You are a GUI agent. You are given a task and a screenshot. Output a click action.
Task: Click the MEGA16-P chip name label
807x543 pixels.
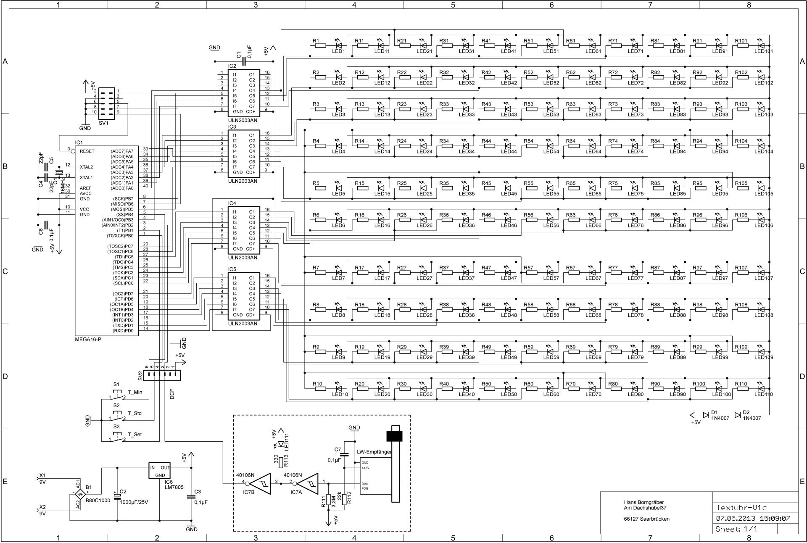[88, 339]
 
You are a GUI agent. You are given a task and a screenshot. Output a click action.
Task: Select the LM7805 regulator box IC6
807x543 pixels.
[160, 471]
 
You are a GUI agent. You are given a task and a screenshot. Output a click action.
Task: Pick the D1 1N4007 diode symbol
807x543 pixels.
[706, 415]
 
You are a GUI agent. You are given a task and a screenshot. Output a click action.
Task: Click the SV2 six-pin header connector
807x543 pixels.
[162, 375]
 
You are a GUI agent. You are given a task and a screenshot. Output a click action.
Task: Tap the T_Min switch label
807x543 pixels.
[135, 393]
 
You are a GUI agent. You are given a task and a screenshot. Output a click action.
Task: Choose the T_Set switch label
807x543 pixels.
[134, 435]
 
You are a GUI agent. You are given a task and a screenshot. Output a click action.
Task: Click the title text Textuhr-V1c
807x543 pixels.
[738, 508]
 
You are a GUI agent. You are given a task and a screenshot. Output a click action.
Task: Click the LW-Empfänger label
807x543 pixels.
[374, 452]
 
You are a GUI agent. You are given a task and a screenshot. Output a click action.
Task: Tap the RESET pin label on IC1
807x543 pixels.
[87, 151]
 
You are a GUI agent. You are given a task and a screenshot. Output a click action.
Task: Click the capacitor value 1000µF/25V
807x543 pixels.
[134, 502]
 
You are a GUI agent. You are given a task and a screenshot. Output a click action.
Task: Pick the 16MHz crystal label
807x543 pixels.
[63, 182]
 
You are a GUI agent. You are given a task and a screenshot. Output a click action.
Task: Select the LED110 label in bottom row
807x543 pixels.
[763, 395]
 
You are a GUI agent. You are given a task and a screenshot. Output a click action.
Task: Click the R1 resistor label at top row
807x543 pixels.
[316, 41]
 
